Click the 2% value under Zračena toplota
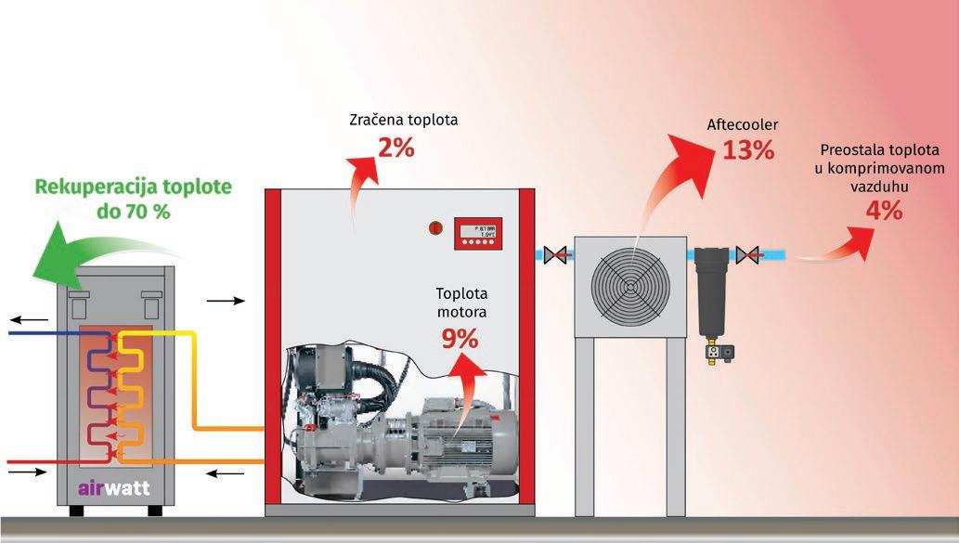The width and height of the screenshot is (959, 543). [395, 148]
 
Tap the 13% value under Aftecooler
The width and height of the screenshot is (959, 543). [748, 149]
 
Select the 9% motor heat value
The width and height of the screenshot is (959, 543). [460, 340]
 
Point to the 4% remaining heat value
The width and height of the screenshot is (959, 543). [883, 211]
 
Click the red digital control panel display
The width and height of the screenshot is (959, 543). [477, 232]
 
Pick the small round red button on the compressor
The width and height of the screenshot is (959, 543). [433, 226]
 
